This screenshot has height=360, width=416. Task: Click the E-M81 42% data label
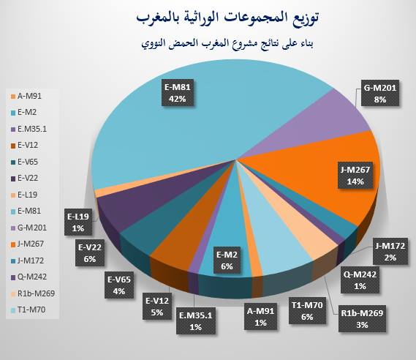(x=178, y=93)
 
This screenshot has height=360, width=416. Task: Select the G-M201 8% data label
(x=380, y=93)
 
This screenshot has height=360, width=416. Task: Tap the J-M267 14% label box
(x=355, y=175)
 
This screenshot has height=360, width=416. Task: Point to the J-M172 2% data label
(x=390, y=252)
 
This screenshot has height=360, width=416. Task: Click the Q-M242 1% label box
(x=360, y=280)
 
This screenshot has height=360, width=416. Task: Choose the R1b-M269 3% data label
(x=362, y=318)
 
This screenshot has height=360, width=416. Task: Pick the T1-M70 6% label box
(x=307, y=311)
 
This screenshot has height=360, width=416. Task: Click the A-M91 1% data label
(x=260, y=316)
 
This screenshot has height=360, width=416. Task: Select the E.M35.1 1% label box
(x=195, y=320)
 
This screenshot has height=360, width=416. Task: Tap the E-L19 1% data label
(x=78, y=222)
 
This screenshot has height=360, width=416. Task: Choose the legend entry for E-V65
(x=25, y=162)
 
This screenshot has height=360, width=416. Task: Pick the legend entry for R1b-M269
(x=33, y=293)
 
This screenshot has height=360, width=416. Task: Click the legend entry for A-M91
(x=26, y=96)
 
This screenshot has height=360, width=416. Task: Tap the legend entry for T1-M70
(x=28, y=310)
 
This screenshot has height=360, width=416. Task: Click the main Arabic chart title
(x=227, y=18)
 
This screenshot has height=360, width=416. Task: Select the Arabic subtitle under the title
(x=227, y=43)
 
